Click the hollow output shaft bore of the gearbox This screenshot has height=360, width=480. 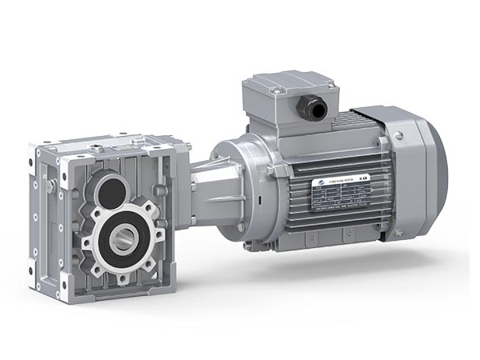coord(122,238)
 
